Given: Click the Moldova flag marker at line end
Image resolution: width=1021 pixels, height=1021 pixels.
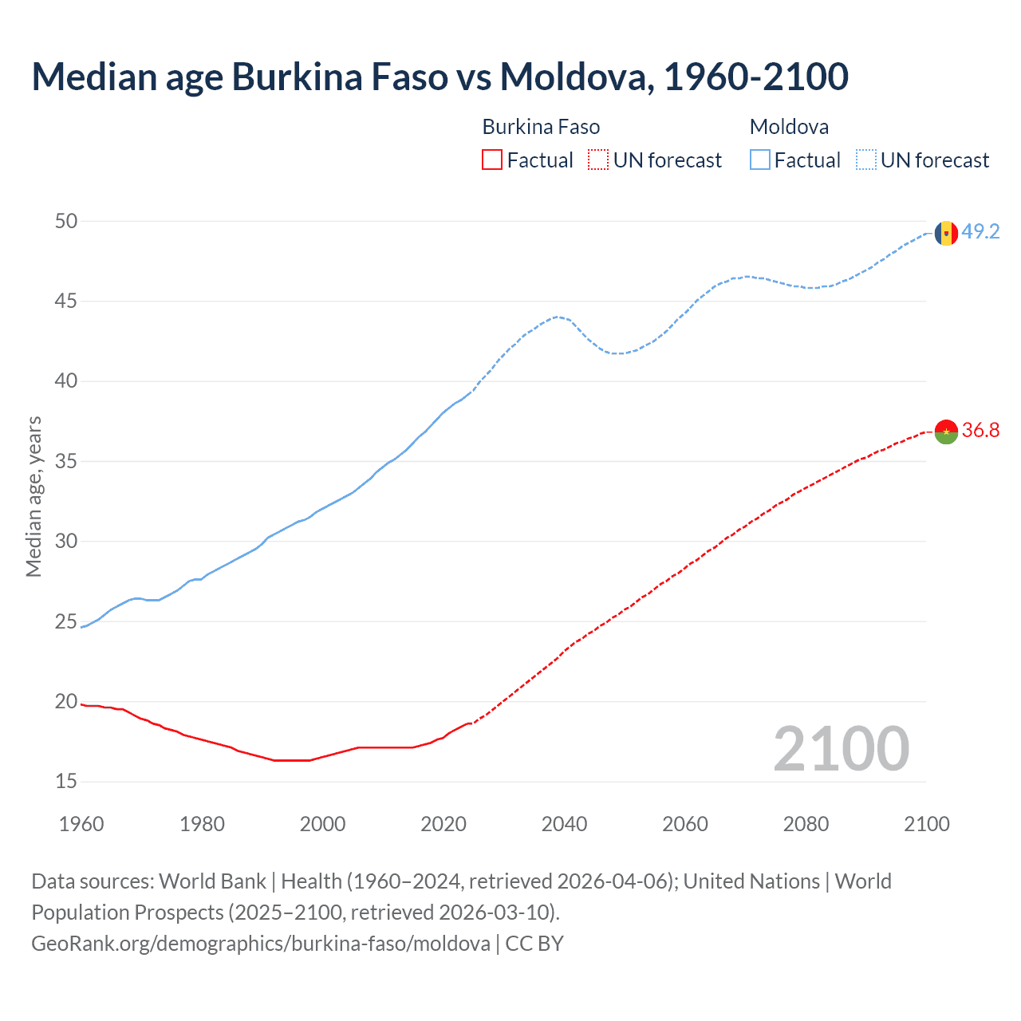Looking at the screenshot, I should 946,233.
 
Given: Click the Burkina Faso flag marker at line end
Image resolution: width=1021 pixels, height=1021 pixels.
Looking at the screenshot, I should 946,432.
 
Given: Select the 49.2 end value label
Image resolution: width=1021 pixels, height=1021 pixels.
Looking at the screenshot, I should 980,231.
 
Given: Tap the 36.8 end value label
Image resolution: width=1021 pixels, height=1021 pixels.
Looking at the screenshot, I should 980,430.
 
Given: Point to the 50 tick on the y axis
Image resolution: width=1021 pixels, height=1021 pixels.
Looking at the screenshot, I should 66,221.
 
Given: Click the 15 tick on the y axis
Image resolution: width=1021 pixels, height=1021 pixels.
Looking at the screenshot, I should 66,782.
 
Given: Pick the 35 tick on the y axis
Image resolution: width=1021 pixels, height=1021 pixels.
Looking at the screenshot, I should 66,461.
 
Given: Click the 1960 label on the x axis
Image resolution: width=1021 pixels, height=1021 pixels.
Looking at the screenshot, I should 81,824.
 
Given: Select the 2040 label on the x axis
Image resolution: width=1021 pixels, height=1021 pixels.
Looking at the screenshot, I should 564,824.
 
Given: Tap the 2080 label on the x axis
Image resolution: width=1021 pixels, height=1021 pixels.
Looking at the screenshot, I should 806,824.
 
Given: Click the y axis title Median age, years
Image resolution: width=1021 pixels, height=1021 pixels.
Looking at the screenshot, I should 34,496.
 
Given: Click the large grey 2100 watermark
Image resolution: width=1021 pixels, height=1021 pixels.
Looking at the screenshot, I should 841,748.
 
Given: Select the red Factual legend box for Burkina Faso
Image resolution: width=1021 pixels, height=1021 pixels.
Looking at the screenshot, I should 492,160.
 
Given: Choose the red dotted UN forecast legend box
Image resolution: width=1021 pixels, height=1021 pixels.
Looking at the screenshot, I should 598,160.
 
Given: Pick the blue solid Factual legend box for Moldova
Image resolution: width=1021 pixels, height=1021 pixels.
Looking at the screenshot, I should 760,160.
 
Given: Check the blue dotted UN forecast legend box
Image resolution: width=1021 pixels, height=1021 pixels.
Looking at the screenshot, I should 865,160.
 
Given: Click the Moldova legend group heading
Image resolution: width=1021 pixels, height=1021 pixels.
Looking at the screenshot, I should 789,127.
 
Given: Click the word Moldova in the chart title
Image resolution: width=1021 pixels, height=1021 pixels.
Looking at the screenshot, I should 572,77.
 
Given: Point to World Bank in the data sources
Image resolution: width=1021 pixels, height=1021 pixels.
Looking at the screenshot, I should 212,881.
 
